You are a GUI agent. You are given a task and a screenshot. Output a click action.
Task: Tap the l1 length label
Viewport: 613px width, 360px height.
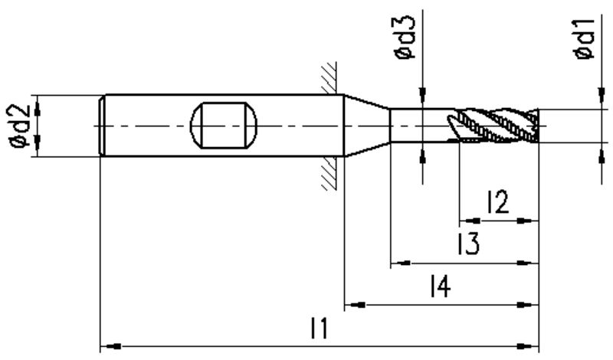319,330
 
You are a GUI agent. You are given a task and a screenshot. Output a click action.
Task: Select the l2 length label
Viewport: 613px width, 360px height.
497,203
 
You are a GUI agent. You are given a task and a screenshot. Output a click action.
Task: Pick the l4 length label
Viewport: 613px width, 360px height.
439,287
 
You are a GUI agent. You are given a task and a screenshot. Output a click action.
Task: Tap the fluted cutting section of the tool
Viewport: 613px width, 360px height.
494,124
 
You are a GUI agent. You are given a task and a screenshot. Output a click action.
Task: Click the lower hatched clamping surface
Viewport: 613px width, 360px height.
330,173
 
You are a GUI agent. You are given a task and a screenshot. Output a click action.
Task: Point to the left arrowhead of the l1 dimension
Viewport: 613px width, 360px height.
108,346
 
